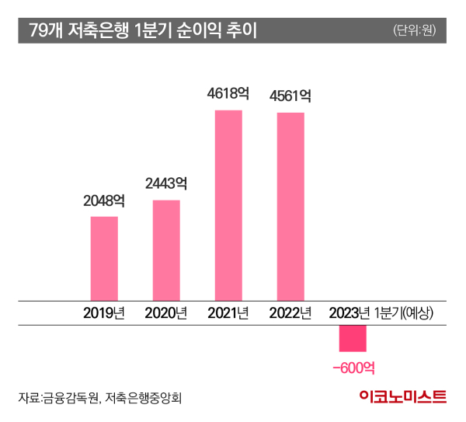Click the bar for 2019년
(104, 258)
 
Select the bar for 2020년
(166, 250)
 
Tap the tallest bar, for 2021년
(228, 205)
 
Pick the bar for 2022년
(290, 207)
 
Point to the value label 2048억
(104, 201)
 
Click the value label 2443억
(166, 184)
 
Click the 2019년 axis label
(104, 313)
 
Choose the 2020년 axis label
(166, 313)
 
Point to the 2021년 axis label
(228, 313)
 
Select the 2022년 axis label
(290, 313)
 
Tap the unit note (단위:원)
(415, 31)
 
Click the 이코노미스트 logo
(403, 397)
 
